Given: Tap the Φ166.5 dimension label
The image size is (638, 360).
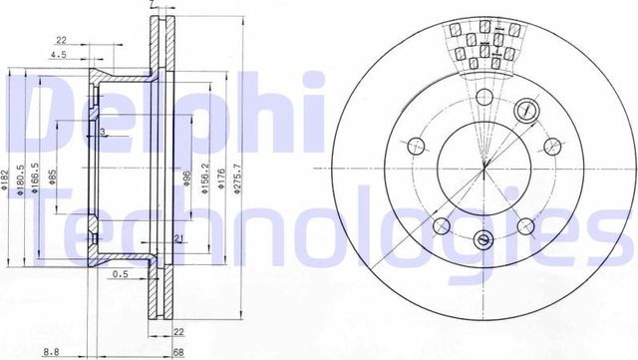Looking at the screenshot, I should [36, 180].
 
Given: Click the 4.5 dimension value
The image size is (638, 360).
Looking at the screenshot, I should [58, 56].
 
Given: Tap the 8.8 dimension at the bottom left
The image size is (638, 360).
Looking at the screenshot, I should [49, 349].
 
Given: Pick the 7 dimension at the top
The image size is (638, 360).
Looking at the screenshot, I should [151, 6].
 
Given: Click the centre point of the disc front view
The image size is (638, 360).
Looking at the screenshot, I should [483, 166].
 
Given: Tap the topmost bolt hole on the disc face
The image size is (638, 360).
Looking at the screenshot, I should [483, 97].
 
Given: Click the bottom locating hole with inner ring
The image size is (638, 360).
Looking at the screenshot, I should [483, 238].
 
